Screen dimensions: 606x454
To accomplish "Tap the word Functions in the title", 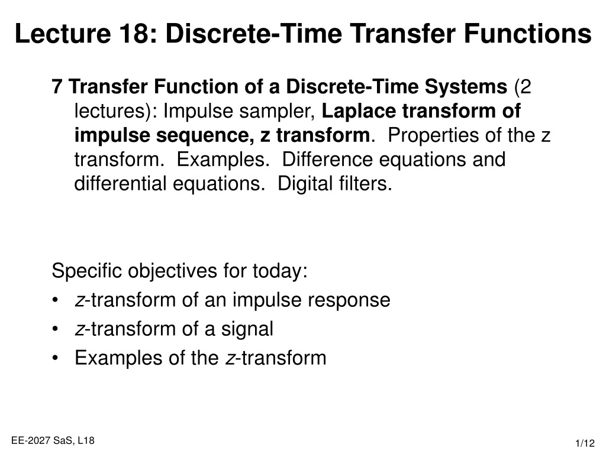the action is click(527, 34).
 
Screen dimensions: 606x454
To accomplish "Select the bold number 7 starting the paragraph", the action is click(57, 86).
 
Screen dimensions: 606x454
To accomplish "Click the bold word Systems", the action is click(466, 86).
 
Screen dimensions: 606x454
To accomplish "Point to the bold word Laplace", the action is click(359, 111).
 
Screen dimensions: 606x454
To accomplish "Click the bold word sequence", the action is click(205, 136).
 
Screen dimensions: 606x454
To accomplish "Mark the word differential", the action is click(120, 183).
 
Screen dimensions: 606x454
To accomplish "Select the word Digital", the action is click(305, 184).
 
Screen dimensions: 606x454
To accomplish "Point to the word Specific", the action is click(86, 271).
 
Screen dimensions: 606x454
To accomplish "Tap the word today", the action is click(278, 271).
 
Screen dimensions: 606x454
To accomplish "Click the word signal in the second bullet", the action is click(247, 329).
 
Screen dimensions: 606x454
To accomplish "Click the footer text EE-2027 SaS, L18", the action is click(53, 440).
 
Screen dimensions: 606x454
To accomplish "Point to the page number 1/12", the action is click(585, 443).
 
